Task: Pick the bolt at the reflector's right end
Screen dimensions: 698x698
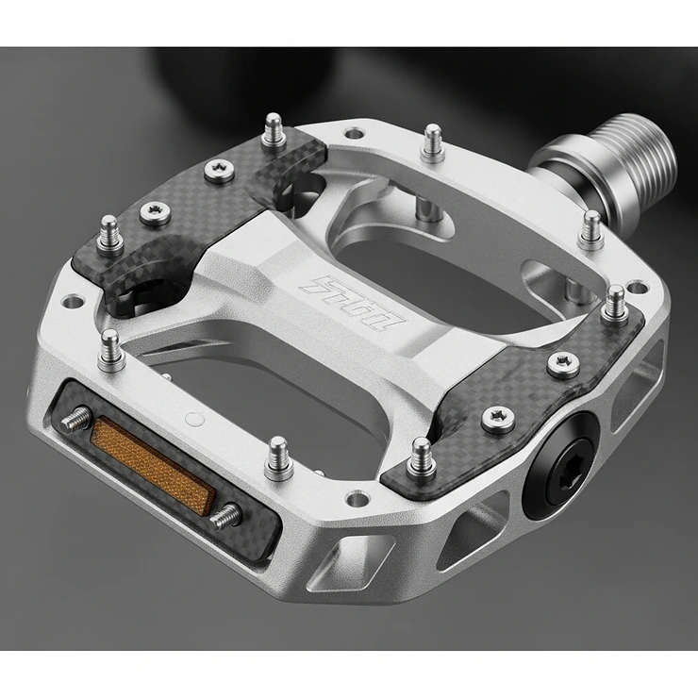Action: point(225,515)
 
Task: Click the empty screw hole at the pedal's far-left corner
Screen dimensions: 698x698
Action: point(70,304)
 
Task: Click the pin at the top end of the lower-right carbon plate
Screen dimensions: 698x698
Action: point(614,300)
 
